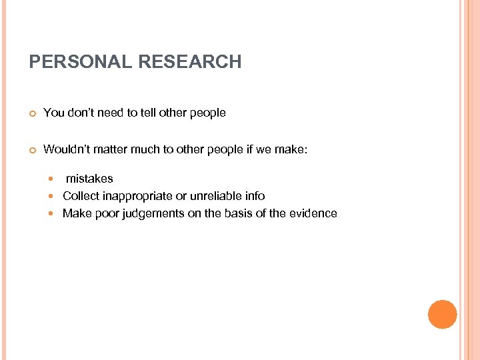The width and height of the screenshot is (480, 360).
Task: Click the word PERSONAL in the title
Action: click(x=81, y=63)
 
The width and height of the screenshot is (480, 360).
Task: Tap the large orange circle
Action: click(x=442, y=315)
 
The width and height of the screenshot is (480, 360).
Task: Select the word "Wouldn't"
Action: click(x=65, y=149)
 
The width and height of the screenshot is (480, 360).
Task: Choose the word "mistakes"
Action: click(x=89, y=179)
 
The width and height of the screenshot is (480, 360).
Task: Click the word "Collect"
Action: click(x=81, y=196)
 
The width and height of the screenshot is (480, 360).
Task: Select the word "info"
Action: click(x=254, y=196)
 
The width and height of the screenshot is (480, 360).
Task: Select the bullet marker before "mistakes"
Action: click(x=53, y=179)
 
